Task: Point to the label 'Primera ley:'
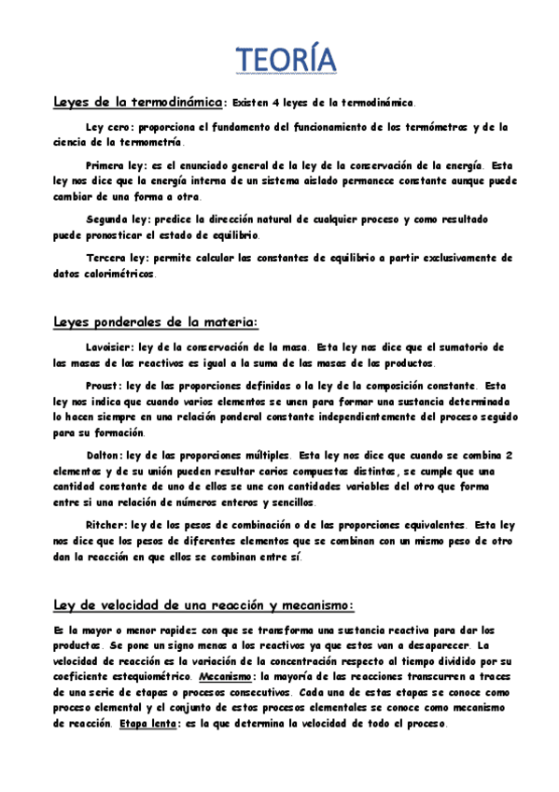[117, 165]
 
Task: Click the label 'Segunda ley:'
[117, 219]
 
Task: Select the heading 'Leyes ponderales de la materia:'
[154, 322]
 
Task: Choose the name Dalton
[104, 454]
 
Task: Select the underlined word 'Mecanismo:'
[230, 676]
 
